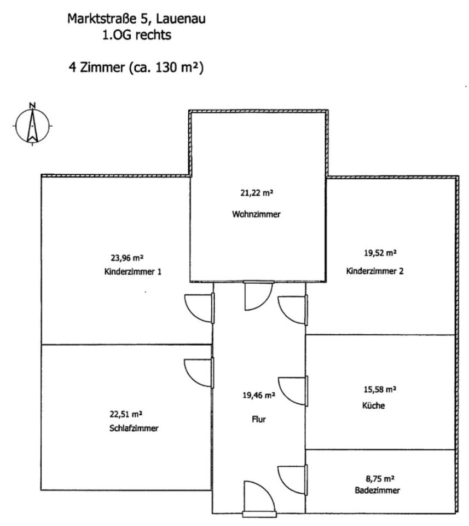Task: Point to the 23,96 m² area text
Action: point(128,256)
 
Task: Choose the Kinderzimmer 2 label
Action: point(374,271)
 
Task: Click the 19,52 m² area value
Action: point(380,253)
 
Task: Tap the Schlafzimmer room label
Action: point(134,428)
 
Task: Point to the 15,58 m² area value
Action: point(380,390)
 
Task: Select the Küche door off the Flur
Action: point(293,391)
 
